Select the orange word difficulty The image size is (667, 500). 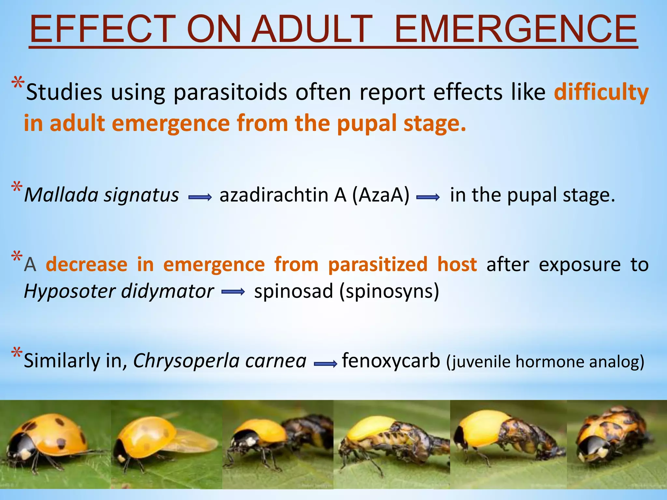[x=601, y=92]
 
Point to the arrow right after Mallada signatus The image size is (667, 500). [x=200, y=197]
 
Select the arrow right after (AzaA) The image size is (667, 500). [x=428, y=197]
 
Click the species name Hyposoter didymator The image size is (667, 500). [x=119, y=291]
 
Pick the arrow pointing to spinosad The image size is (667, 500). [x=233, y=292]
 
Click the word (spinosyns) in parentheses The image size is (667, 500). [x=389, y=291]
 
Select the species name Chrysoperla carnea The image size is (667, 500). [x=220, y=361]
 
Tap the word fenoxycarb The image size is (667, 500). [x=391, y=361]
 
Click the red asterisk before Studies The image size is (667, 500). [x=18, y=83]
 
